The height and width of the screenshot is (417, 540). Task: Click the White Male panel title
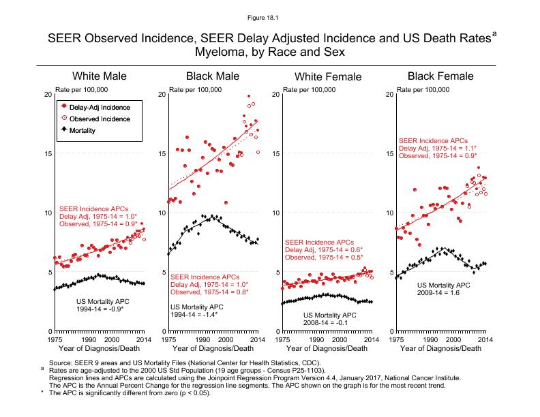point(100,76)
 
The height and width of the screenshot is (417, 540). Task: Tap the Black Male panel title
point(212,76)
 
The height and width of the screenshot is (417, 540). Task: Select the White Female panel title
point(327,77)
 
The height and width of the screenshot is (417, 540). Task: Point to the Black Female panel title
point(440,76)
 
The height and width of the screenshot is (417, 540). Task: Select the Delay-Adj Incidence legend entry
point(100,107)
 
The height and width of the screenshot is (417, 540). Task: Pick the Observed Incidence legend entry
point(100,118)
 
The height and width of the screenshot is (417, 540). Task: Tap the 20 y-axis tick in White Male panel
point(47,94)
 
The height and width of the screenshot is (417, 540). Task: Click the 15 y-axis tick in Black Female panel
point(389,153)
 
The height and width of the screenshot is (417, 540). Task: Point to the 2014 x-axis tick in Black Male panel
point(256,339)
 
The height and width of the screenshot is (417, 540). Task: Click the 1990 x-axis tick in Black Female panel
point(430,339)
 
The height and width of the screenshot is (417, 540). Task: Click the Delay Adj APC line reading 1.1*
point(438,148)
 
